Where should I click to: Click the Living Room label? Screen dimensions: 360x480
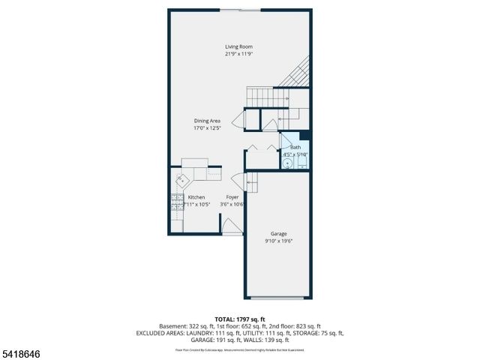tap(238, 46)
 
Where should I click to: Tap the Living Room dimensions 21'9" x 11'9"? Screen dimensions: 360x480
tap(238, 54)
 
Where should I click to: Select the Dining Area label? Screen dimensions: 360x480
tap(207, 121)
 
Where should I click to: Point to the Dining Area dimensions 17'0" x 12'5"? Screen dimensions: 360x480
tap(207, 128)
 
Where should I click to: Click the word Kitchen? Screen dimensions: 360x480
tap(196, 197)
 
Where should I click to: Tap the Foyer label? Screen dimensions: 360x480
tap(232, 197)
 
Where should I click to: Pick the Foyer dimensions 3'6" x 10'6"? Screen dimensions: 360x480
tap(232, 204)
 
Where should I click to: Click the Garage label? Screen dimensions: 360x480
tap(279, 234)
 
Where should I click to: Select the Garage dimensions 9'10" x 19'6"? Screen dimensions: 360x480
tap(279, 241)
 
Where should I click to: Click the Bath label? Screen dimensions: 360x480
tap(295, 148)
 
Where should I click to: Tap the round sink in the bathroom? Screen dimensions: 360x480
tap(287, 161)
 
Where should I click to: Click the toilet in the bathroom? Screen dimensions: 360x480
tap(300, 161)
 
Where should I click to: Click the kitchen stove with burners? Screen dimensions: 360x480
tap(175, 200)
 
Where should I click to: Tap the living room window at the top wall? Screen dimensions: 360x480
tap(240, 10)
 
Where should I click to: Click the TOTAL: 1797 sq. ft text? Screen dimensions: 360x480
tap(239, 319)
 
